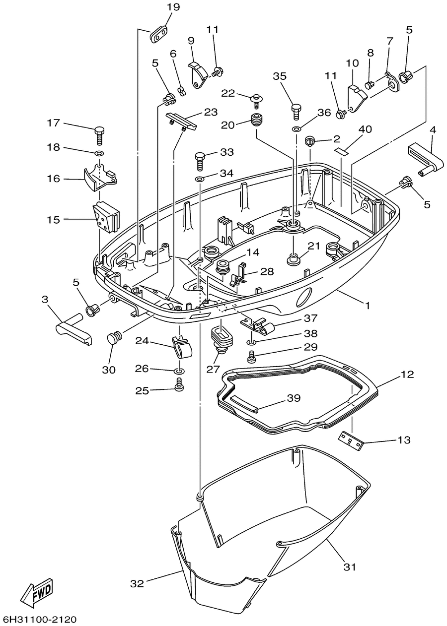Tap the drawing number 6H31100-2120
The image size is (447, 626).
38,618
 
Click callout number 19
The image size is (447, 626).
173,7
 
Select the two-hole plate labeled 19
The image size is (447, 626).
158,34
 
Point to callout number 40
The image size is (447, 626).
365,129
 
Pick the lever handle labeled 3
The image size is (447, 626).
74,329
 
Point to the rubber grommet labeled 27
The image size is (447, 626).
223,339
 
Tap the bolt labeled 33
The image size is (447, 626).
201,161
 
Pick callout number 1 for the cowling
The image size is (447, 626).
367,306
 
